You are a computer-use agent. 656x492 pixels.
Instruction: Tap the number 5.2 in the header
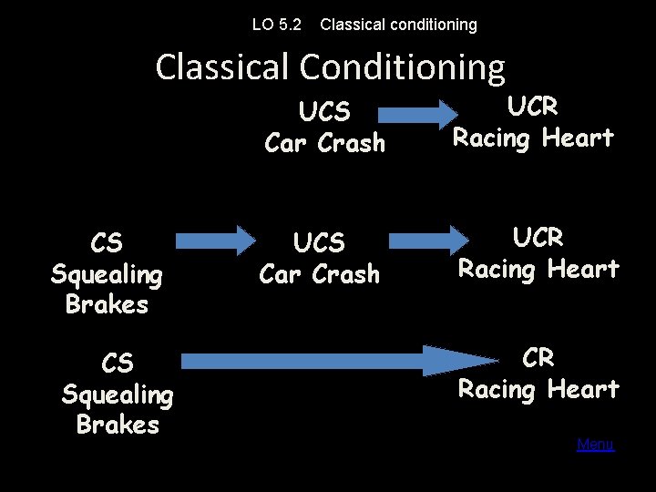(290, 25)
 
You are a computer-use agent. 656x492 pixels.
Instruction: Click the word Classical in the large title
(222, 67)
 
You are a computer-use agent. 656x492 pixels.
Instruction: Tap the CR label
(538, 358)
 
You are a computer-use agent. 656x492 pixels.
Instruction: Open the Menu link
(595, 445)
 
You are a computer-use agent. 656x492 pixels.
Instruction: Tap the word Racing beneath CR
(497, 389)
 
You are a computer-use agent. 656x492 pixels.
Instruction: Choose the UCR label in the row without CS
(532, 107)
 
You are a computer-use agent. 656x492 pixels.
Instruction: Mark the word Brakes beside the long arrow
(118, 425)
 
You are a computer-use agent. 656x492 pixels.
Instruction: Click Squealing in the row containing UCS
(107, 273)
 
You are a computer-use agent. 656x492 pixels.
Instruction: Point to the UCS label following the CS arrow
(320, 243)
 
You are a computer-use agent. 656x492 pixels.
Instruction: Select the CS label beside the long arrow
(118, 364)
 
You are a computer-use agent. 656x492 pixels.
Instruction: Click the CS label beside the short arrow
(107, 243)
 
